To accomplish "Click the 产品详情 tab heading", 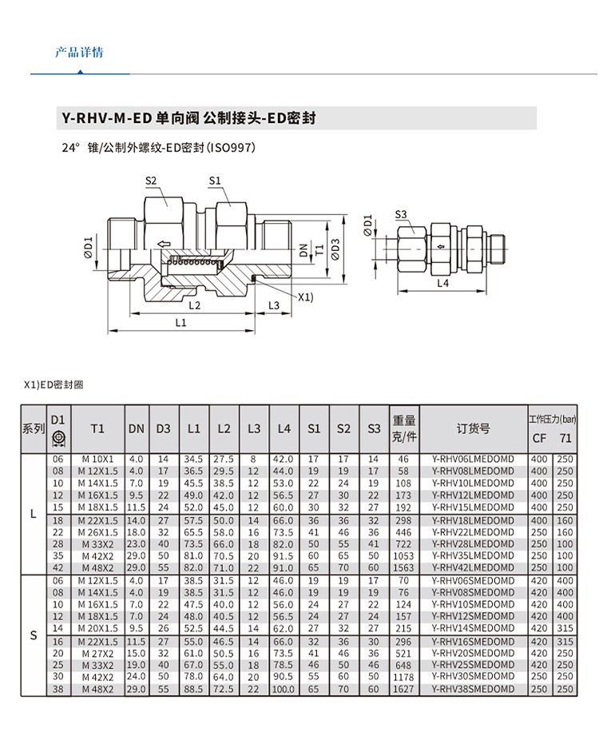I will click(79, 54).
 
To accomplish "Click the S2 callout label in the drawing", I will click(151, 181).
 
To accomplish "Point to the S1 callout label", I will click(214, 181).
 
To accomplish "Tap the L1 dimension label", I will click(180, 323).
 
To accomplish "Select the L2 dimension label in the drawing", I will click(194, 305).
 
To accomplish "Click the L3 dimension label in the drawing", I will click(273, 305).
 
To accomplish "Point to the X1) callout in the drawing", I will click(305, 296).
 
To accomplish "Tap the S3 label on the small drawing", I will click(401, 214).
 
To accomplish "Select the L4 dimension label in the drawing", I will click(442, 282).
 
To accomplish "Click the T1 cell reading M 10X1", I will click(97, 459).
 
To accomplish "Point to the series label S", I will click(34, 635).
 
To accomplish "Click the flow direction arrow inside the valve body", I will click(164, 245).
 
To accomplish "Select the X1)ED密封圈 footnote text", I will click(54, 385).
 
